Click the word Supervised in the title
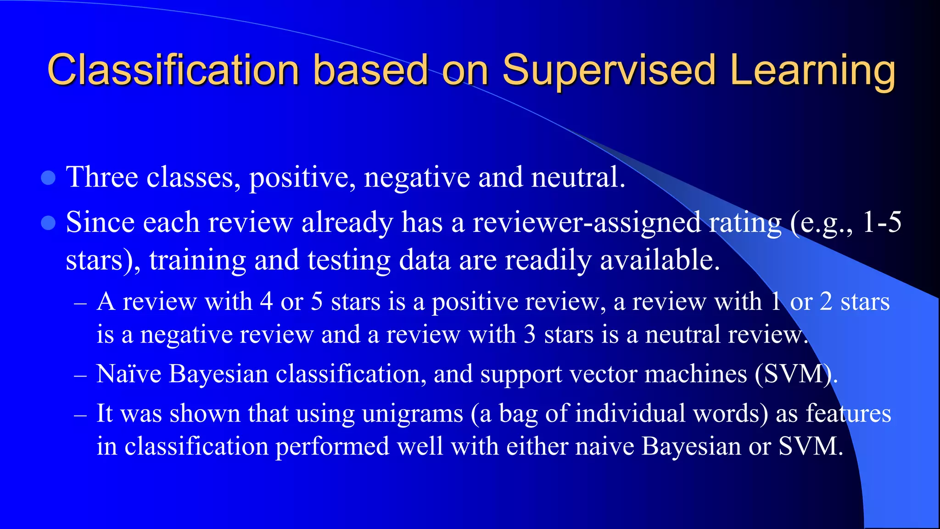[609, 70]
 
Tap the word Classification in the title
[173, 70]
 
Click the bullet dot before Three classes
[48, 178]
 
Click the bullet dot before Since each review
[48, 223]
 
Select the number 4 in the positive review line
[266, 302]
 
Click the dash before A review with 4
[80, 303]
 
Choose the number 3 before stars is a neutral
[530, 334]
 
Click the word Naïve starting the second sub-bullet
[129, 373]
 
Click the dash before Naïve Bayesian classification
[80, 375]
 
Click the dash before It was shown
[80, 415]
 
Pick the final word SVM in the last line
[810, 446]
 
